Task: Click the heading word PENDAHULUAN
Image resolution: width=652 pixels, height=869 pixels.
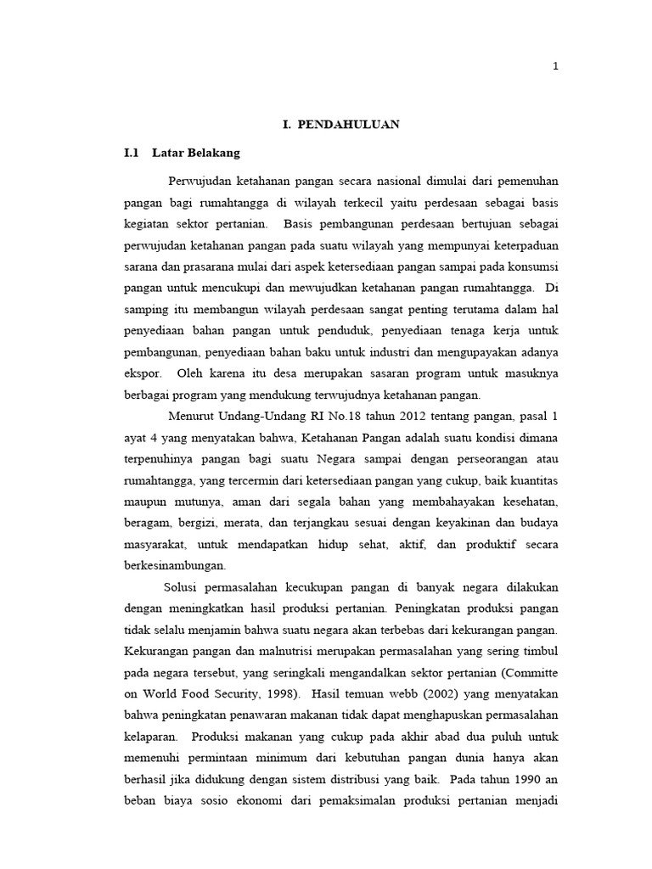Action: pos(350,125)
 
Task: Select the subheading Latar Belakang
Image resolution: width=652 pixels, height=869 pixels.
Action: pos(196,153)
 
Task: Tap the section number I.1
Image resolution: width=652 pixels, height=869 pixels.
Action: pos(131,153)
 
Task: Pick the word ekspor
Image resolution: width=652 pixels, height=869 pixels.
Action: pos(142,373)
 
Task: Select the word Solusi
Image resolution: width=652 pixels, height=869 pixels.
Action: pos(180,586)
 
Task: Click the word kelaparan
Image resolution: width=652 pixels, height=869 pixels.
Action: pos(153,735)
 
